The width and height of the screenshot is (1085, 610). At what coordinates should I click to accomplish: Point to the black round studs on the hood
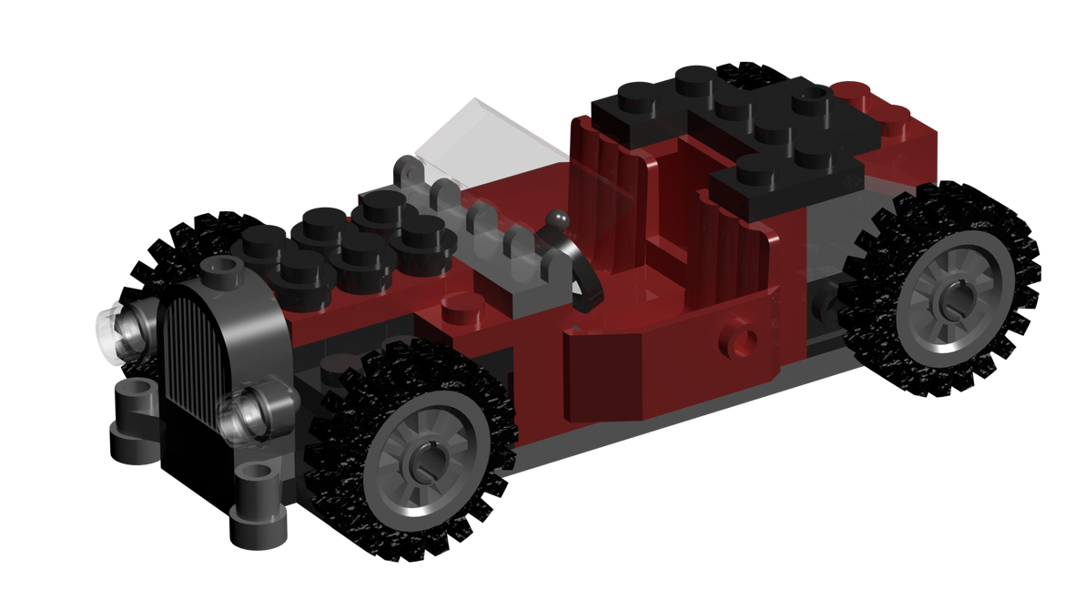(346, 237)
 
